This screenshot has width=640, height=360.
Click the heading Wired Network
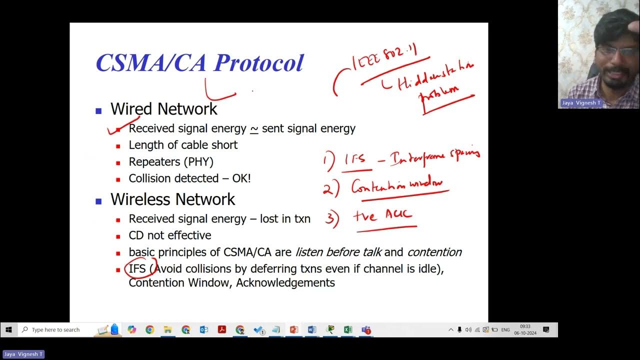163,109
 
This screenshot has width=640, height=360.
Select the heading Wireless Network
172,199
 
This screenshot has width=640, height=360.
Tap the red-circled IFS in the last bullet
137,269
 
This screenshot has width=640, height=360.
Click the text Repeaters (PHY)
171,161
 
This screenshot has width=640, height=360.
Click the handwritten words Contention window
397,186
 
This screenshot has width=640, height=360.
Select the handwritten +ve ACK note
383,215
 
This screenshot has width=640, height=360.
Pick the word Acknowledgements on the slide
285,282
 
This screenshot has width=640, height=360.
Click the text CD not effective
170,235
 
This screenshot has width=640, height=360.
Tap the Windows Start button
8,329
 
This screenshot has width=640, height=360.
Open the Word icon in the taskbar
312,329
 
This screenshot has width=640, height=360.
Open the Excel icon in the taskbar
348,329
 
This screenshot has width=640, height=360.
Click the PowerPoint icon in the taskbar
294,329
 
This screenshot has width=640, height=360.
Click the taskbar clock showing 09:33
525,329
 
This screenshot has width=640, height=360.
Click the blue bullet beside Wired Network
98,110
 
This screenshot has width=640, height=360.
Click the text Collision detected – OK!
189,178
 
